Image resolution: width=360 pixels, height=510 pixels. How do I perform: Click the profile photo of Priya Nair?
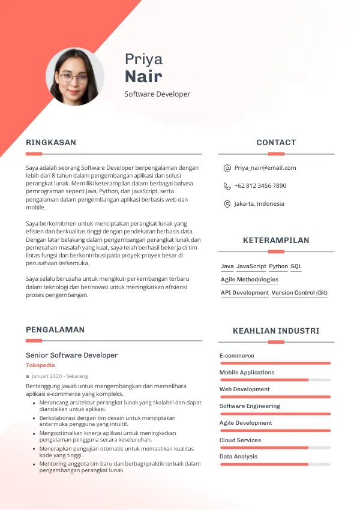(x=75, y=77)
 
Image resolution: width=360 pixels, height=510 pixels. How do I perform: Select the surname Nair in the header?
(x=143, y=77)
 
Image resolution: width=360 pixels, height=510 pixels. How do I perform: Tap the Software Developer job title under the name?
(x=157, y=94)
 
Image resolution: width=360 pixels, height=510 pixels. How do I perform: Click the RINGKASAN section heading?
(x=51, y=143)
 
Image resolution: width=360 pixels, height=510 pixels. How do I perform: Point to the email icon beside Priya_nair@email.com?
(x=227, y=168)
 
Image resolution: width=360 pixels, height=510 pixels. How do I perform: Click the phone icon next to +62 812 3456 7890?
(x=227, y=186)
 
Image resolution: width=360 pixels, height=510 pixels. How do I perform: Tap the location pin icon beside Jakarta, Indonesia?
(x=227, y=204)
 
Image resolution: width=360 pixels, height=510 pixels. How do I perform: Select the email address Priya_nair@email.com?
(x=265, y=168)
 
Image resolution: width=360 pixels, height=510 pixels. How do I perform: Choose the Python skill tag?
(x=278, y=266)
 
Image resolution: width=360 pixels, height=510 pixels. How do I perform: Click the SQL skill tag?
(x=296, y=266)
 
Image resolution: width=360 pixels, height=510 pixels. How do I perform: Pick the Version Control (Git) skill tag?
(x=299, y=293)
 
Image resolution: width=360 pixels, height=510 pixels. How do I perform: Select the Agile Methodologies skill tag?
(x=250, y=280)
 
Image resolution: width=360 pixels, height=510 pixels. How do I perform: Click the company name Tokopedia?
(x=40, y=365)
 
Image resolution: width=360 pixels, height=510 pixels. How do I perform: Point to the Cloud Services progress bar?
(x=275, y=448)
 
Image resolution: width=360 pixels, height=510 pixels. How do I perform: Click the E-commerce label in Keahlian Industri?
(x=236, y=356)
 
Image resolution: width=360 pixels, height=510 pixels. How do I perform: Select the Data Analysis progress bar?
(x=275, y=464)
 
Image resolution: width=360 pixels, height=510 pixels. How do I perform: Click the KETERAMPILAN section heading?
(x=276, y=241)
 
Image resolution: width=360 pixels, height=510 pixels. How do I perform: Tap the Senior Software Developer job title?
(x=72, y=355)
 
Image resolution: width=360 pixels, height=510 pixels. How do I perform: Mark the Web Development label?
(x=245, y=389)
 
